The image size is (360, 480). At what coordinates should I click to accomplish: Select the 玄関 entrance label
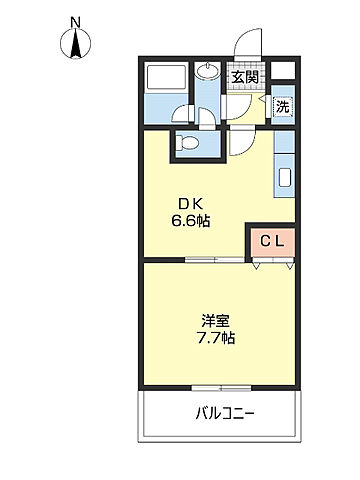tap(245, 76)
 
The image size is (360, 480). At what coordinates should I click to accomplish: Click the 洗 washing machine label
tap(282, 107)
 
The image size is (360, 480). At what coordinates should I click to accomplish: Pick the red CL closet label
tap(272, 240)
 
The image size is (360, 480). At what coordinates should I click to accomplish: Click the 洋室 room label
tap(215, 321)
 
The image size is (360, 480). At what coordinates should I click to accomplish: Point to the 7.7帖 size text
tap(215, 339)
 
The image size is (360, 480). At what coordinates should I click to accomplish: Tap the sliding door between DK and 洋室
tap(214, 262)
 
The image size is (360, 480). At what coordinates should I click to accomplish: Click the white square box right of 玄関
tap(283, 73)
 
